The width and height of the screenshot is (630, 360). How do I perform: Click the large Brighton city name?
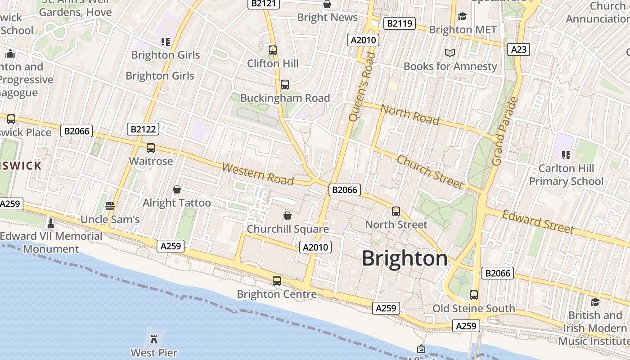405,259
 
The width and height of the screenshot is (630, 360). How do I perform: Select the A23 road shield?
518,49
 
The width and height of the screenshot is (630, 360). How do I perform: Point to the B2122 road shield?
143,130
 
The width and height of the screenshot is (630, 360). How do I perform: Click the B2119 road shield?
399,23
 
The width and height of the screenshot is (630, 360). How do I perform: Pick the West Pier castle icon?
154,339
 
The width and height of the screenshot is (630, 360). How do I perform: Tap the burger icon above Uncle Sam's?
110,206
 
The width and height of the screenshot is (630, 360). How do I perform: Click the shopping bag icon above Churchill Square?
288,216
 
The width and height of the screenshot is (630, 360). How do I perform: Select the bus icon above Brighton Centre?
277,281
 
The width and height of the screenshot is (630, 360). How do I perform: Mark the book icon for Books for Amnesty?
450,53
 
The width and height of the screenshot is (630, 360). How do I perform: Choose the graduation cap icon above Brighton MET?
463,17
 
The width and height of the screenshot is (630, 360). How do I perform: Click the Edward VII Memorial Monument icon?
51,223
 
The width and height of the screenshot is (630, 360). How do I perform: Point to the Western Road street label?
258,175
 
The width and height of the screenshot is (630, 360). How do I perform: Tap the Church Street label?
430,172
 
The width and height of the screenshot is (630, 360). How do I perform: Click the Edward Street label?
538,222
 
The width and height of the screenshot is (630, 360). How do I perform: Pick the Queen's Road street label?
361,86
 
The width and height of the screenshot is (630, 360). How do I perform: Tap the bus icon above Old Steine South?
474,295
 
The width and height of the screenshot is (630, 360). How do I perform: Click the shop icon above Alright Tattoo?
177,189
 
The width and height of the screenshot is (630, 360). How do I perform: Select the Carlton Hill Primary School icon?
566,155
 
